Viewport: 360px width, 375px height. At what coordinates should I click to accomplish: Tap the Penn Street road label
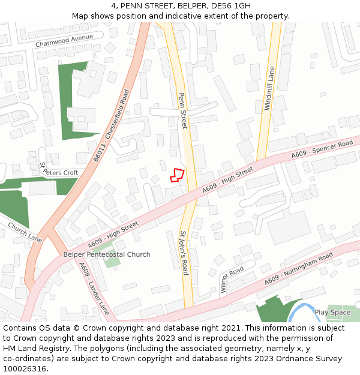point(182,110)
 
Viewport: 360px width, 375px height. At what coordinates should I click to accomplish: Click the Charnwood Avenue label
point(64,41)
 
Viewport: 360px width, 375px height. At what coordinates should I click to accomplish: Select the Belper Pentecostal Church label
point(107,254)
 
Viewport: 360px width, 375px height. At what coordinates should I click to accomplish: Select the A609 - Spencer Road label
point(322,149)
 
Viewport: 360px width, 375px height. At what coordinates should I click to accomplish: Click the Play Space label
point(332,312)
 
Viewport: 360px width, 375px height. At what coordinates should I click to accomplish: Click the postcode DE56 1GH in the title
point(231,6)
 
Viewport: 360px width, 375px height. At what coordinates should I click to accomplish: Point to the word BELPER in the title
point(184,6)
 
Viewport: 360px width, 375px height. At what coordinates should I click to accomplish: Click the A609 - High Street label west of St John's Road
point(113,235)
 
